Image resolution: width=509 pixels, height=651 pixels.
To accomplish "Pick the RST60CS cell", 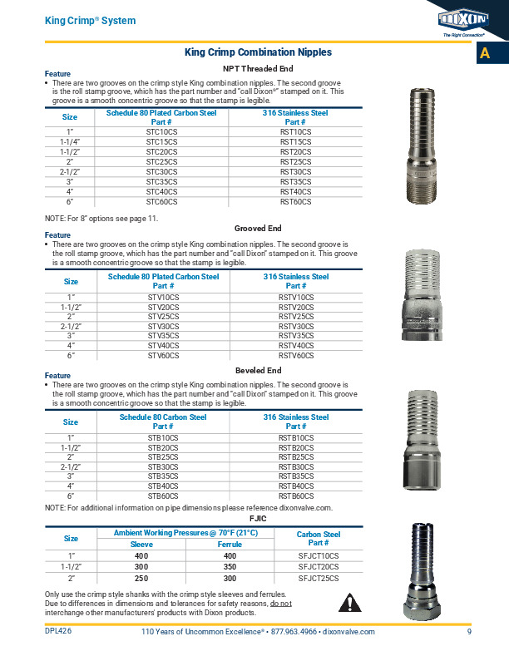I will [x=295, y=202].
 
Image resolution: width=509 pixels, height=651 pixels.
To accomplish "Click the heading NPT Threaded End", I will [x=258, y=68].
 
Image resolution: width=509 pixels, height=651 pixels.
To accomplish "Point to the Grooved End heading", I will [x=258, y=228].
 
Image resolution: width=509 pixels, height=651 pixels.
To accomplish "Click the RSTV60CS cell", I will [x=296, y=356].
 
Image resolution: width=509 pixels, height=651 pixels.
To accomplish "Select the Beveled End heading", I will [x=258, y=370].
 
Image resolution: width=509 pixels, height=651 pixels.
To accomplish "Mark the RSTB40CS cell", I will [x=296, y=486].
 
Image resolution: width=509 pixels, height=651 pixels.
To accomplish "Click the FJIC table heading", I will [x=258, y=518].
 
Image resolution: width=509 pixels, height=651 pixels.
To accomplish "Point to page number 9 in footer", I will [x=469, y=632].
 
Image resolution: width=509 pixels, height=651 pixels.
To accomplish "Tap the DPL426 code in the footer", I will [x=58, y=632].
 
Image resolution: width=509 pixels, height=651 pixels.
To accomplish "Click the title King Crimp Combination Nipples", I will [x=258, y=52].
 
